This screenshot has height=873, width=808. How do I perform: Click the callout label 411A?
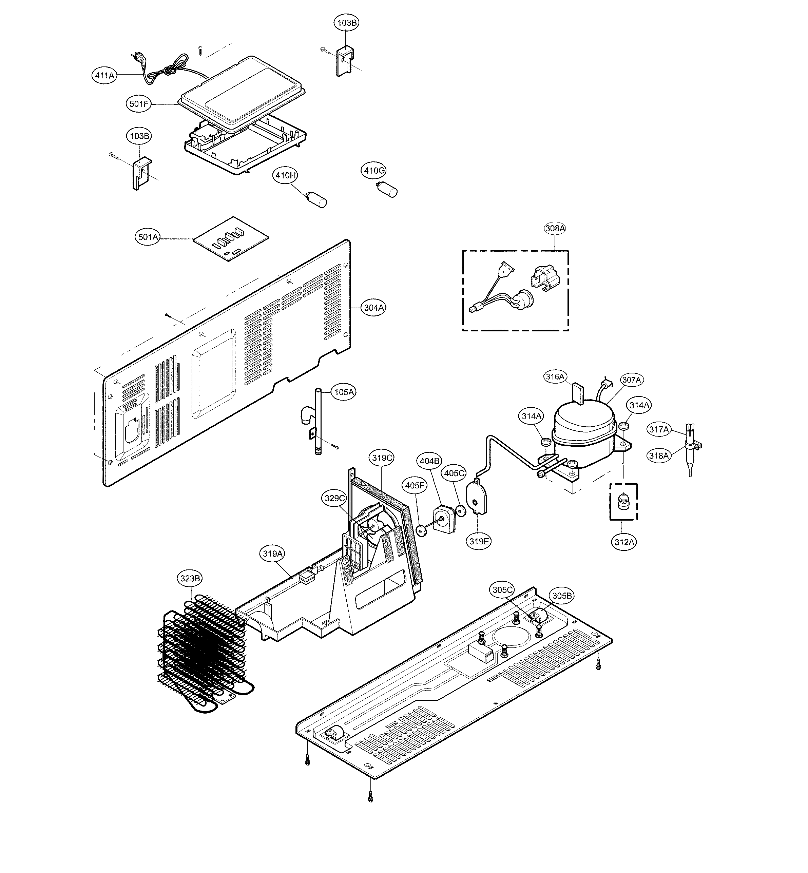coord(105,75)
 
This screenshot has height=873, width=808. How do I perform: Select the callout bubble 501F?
coord(139,104)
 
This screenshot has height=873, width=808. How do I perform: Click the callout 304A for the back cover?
coord(374,308)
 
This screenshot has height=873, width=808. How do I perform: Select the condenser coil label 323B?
coord(191,578)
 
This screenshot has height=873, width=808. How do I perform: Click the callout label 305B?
coord(562,596)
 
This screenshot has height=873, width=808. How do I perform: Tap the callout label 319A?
coord(273,554)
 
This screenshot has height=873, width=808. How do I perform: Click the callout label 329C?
coord(335,498)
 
